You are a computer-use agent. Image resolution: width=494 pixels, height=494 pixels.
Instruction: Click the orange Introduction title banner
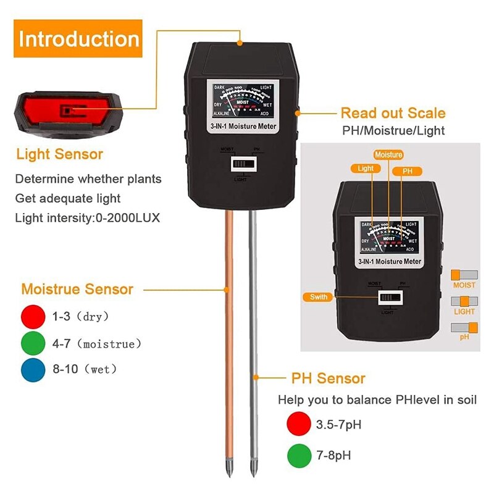[78, 38]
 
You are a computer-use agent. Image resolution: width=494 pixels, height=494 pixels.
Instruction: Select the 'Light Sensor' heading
[59, 154]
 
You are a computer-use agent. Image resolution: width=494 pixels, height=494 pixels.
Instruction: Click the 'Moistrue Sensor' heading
[77, 289]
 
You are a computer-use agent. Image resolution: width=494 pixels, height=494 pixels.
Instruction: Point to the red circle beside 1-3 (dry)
[33, 316]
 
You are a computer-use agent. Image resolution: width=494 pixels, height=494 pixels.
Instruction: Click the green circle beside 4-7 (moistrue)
[33, 343]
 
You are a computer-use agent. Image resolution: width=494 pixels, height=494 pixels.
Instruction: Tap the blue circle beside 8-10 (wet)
[33, 369]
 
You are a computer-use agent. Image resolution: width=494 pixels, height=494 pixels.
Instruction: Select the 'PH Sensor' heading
[329, 378]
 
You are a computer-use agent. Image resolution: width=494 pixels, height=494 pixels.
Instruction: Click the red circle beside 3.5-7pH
[299, 425]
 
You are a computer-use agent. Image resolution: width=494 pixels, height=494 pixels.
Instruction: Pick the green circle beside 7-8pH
[299, 456]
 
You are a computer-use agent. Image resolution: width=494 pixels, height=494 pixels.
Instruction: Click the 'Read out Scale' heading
[393, 113]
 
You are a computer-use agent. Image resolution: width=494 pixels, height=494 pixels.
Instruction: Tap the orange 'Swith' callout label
[319, 297]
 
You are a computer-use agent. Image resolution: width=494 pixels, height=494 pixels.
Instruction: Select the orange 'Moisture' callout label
[388, 154]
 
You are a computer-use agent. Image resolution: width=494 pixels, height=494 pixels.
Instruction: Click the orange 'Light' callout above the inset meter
[366, 168]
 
